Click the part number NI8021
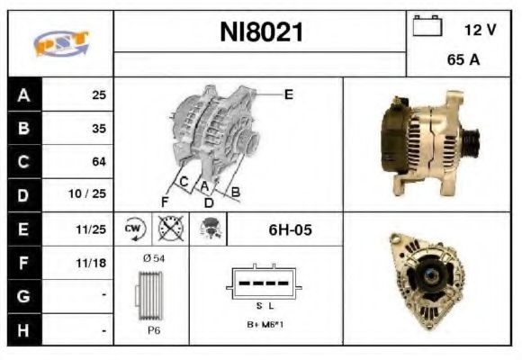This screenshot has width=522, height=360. pyautogui.click(x=262, y=32)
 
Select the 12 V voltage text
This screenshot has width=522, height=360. pyautogui.click(x=480, y=30)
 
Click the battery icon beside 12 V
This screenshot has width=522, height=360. pyautogui.click(x=424, y=28)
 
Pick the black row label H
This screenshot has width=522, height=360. pyautogui.click(x=23, y=329)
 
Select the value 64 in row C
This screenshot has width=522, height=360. pyautogui.click(x=98, y=162)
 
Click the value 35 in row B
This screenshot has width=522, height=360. pyautogui.click(x=98, y=129)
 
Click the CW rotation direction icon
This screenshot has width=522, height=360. pyautogui.click(x=134, y=229)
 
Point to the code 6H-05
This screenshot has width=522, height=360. pyautogui.click(x=290, y=229)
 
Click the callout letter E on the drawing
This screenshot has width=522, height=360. pyautogui.click(x=288, y=94)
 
